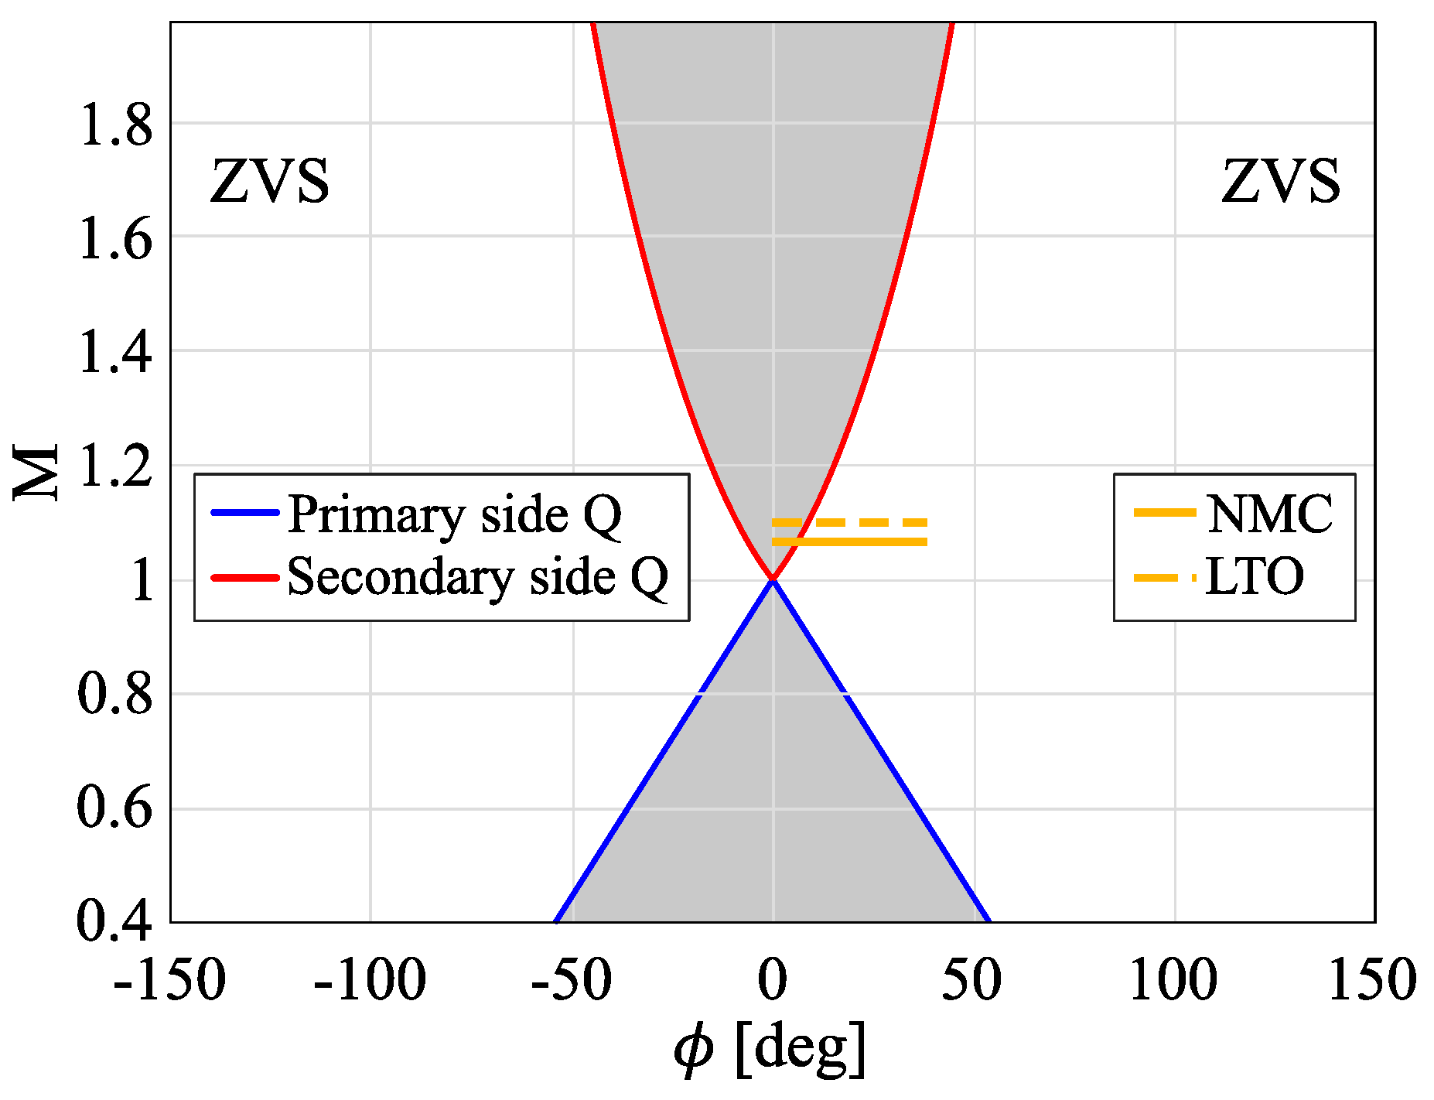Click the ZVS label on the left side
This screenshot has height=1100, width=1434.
(x=270, y=183)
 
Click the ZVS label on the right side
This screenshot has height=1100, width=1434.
(x=1281, y=183)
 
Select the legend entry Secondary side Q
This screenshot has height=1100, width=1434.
(x=477, y=577)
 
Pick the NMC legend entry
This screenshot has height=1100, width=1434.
(x=1269, y=514)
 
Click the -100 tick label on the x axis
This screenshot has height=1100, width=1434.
(x=370, y=981)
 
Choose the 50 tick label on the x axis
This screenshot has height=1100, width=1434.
(x=972, y=981)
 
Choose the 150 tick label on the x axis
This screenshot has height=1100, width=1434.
(x=1372, y=981)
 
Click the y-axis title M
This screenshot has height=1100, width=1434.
(x=36, y=472)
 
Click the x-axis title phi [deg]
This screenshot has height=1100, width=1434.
(x=770, y=1050)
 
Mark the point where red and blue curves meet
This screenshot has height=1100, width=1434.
(x=773, y=579)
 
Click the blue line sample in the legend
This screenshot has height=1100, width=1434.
(x=244, y=513)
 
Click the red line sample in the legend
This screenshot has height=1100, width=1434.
(x=244, y=577)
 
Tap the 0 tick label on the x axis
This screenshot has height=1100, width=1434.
(x=772, y=981)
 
